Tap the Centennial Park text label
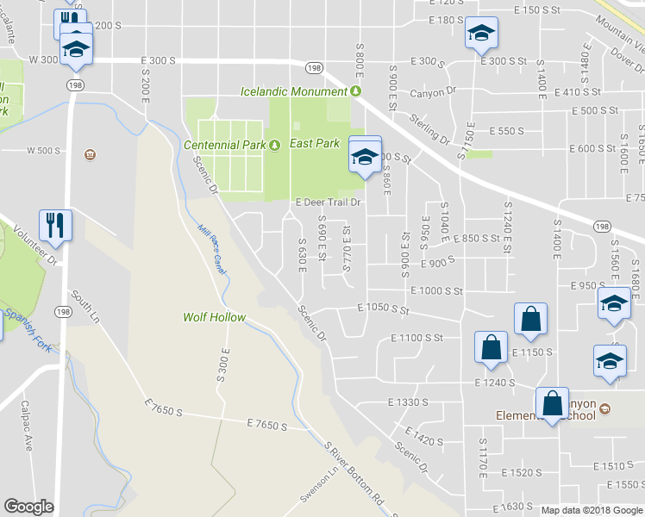[x=224, y=145]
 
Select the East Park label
[x=315, y=144]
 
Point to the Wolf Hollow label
[x=214, y=317]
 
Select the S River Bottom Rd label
[x=354, y=474]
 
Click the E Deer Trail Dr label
[x=327, y=203]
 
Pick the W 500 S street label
[x=44, y=151]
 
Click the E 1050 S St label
[x=383, y=308]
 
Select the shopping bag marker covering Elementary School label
[x=552, y=403]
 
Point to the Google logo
[x=28, y=507]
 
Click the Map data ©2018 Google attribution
[x=592, y=510]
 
